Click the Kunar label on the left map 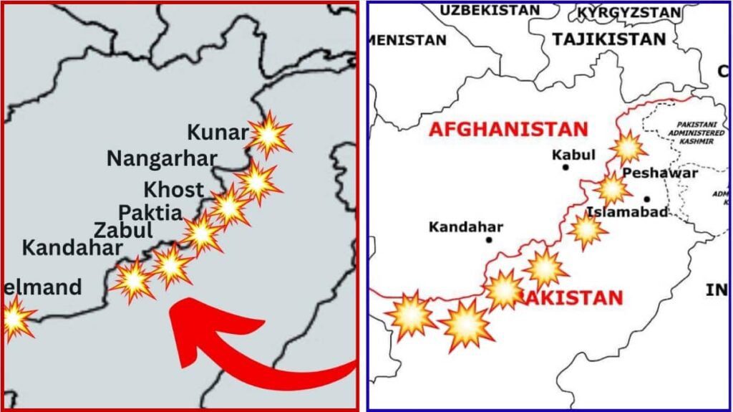click(218, 133)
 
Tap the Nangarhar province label click(161, 158)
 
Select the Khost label click(173, 191)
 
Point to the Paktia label click(150, 213)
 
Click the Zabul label click(123, 231)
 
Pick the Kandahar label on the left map click(72, 249)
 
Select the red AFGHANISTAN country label click(508, 130)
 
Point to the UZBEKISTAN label click(490, 10)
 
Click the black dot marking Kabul click(565, 167)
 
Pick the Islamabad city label click(627, 212)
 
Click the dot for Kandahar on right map click(489, 239)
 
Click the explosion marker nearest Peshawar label click(612, 189)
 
